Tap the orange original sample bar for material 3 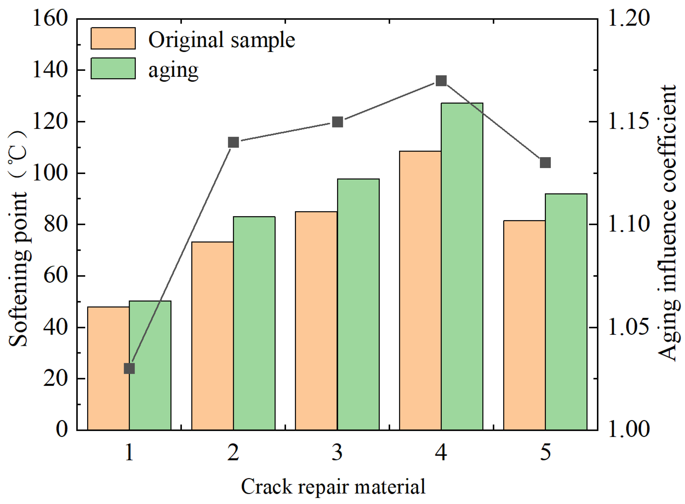(x=316, y=321)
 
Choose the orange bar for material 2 (x=212, y=336)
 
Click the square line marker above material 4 (x=441, y=81)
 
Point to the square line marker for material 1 (x=129, y=369)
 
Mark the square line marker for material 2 (x=233, y=142)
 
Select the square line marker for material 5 (x=545, y=162)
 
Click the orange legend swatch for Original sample (x=113, y=39)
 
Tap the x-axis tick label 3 (x=337, y=452)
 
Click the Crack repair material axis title (x=333, y=487)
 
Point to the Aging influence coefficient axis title (x=667, y=223)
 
